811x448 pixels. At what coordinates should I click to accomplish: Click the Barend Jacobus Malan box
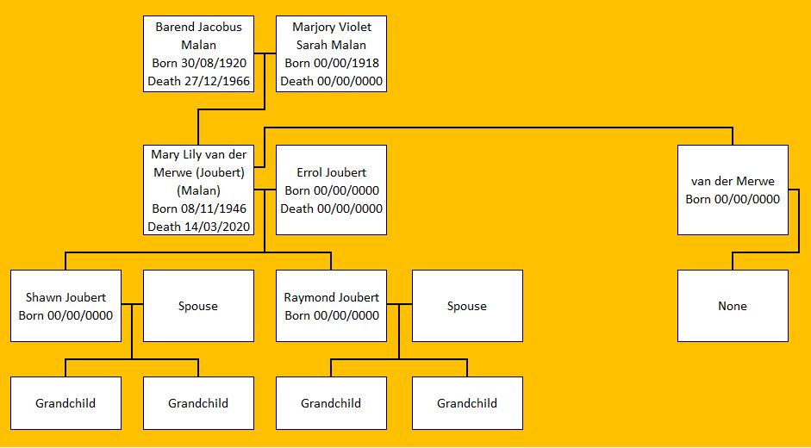click(x=199, y=53)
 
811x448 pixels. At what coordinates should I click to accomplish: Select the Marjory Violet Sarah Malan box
click(x=331, y=53)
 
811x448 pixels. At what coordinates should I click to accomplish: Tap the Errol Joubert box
click(x=331, y=190)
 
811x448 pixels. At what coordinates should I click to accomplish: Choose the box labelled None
click(x=733, y=306)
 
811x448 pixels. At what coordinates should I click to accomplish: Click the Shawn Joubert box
click(x=66, y=306)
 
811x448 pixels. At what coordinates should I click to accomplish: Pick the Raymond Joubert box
click(x=331, y=306)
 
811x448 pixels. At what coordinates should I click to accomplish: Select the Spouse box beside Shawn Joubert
click(x=198, y=306)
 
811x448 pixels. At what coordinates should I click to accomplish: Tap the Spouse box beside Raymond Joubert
click(x=467, y=306)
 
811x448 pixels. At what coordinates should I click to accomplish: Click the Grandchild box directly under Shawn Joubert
click(x=66, y=403)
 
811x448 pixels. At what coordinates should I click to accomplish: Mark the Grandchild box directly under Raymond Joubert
click(x=331, y=403)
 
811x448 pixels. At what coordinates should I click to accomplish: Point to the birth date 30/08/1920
click(x=215, y=63)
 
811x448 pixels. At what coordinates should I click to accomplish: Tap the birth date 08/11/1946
click(x=215, y=208)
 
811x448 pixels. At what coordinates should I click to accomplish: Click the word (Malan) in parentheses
click(x=199, y=190)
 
